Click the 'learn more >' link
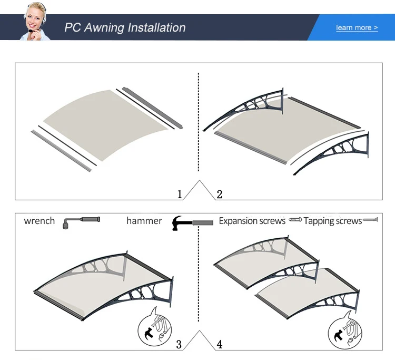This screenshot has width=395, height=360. pyautogui.click(x=357, y=27)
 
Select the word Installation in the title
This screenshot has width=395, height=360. pyautogui.click(x=158, y=27)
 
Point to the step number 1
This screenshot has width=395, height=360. pyautogui.click(x=180, y=194)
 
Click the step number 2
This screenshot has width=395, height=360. pyautogui.click(x=220, y=194)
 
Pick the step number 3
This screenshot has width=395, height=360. pyautogui.click(x=179, y=345)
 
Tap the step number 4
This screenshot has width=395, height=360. pyautogui.click(x=220, y=345)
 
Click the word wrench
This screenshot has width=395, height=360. pyautogui.click(x=39, y=221)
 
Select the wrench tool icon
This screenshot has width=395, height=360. pyautogui.click(x=81, y=221)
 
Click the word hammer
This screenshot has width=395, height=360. pyautogui.click(x=144, y=221)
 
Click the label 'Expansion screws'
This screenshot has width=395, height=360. pyautogui.click(x=252, y=221)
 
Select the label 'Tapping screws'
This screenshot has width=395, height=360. pyautogui.click(x=333, y=221)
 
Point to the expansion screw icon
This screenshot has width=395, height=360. pyautogui.click(x=294, y=219)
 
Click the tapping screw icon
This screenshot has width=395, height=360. pyautogui.click(x=371, y=219)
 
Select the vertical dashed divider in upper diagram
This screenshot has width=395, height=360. pyautogui.click(x=198, y=121)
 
